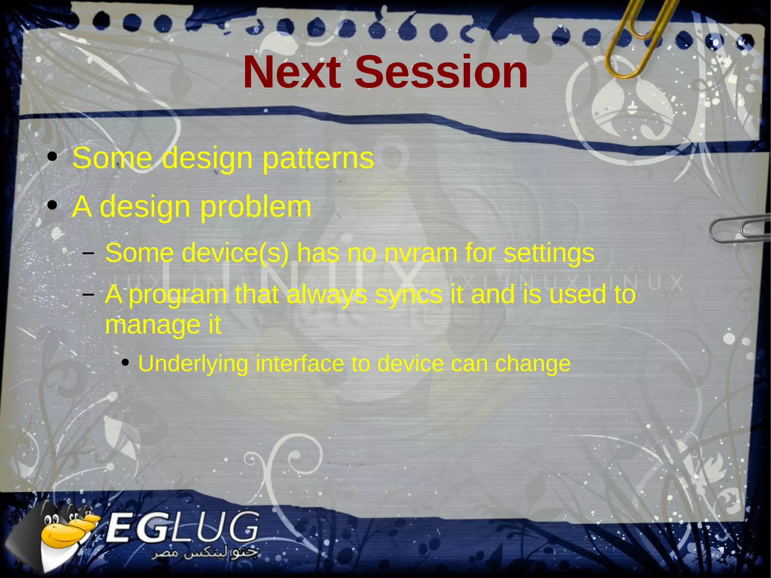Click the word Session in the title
[x=441, y=72]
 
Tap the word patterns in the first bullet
[x=318, y=158]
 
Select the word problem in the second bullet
[x=256, y=207]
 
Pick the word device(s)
[x=235, y=253]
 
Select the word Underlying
[x=193, y=364]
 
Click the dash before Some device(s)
[x=88, y=253]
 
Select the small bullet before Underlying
[x=125, y=363]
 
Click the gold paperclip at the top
[x=636, y=38]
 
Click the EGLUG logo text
[x=183, y=527]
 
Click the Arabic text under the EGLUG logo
[x=205, y=554]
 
